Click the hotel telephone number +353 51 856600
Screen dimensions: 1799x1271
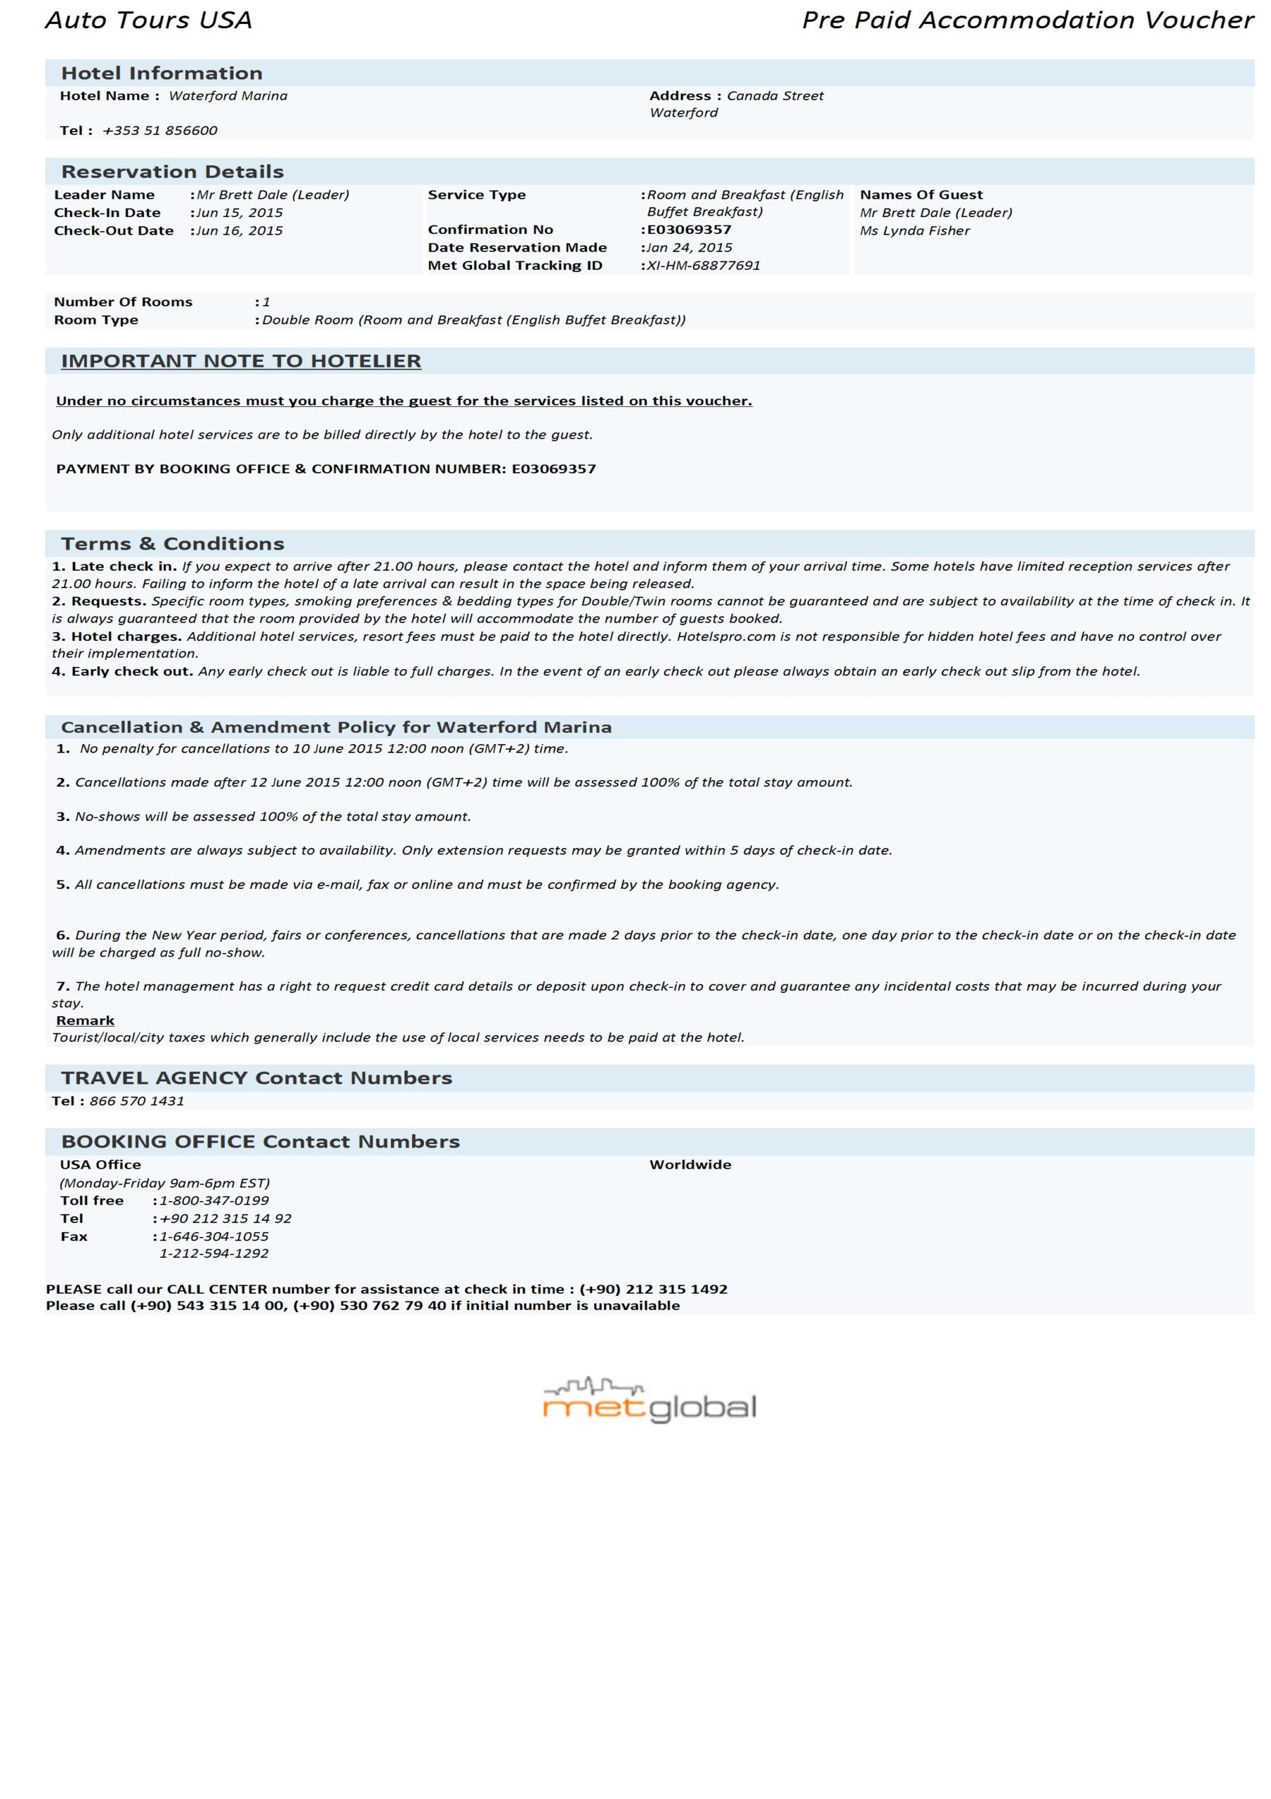pyautogui.click(x=160, y=131)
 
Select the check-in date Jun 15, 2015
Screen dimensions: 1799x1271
pyautogui.click(x=239, y=213)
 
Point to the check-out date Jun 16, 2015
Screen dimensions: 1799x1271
pyautogui.click(x=239, y=231)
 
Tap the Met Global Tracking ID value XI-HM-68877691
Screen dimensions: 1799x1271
pyautogui.click(x=703, y=266)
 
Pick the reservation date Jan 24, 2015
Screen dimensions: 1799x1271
pyautogui.click(x=689, y=247)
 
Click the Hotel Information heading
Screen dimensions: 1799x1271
pyautogui.click(x=162, y=74)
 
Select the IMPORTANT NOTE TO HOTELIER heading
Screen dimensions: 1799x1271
pyautogui.click(x=241, y=361)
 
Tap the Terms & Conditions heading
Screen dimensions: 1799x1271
pyautogui.click(x=172, y=544)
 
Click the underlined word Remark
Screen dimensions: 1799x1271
pyautogui.click(x=86, y=1020)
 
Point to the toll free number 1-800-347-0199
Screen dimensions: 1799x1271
pyautogui.click(x=213, y=1200)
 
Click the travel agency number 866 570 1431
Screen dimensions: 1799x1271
pyautogui.click(x=137, y=1101)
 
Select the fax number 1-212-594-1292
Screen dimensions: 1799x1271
pyautogui.click(x=213, y=1253)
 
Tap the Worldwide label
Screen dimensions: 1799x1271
pyautogui.click(x=690, y=1164)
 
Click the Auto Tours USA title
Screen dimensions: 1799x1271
pyautogui.click(x=149, y=20)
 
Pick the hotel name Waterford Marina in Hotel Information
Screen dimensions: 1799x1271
pyautogui.click(x=228, y=96)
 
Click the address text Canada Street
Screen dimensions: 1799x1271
pyautogui.click(x=775, y=96)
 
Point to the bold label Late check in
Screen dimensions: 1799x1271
pyautogui.click(x=123, y=566)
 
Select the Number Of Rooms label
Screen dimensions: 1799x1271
pyautogui.click(x=123, y=302)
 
